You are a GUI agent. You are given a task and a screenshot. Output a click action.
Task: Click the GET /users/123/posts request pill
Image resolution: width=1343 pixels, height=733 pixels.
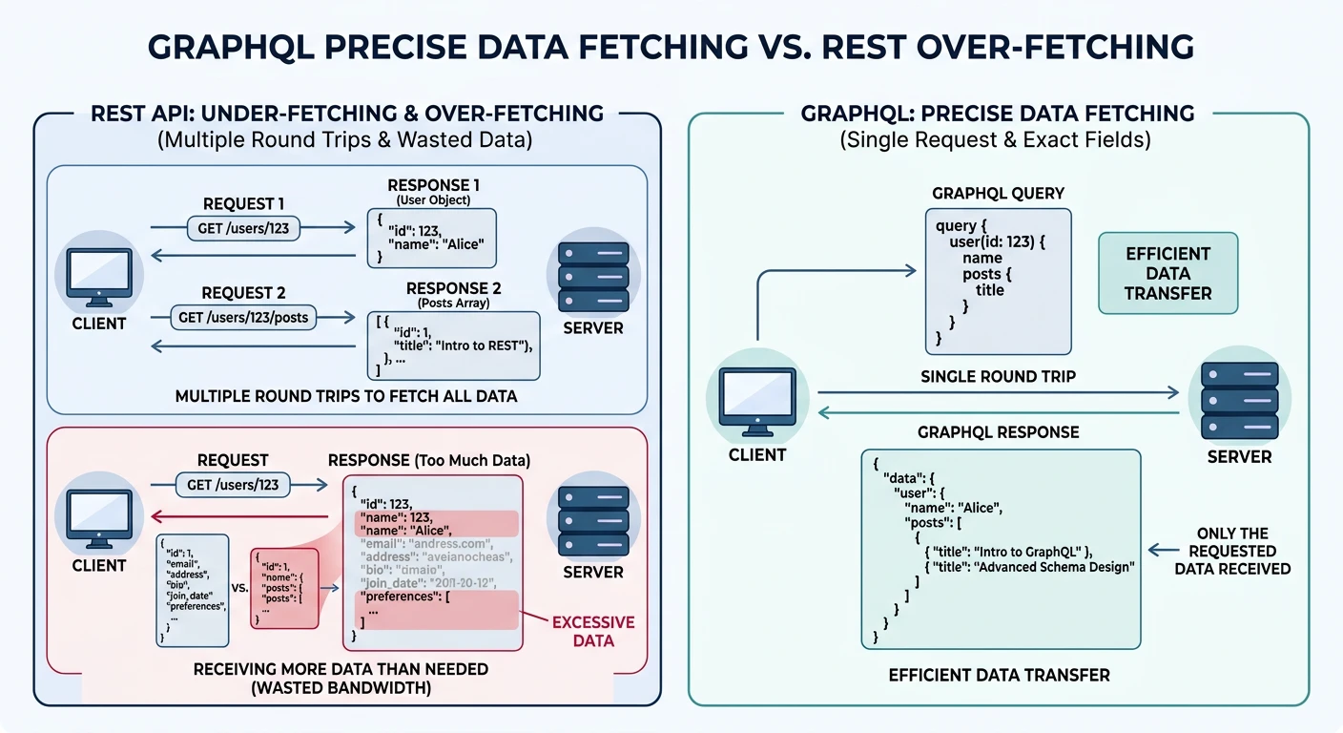pyautogui.click(x=243, y=317)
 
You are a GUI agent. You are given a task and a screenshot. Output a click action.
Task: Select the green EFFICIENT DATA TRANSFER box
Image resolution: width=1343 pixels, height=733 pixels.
pyautogui.click(x=1167, y=273)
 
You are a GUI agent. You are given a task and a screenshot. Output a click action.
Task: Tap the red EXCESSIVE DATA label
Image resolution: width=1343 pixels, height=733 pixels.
pyautogui.click(x=592, y=631)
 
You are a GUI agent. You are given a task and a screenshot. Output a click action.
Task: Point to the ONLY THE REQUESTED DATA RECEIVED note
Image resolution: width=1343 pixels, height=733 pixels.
pyautogui.click(x=1231, y=551)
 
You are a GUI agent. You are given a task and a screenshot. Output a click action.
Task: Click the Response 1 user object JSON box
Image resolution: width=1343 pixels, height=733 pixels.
pyautogui.click(x=431, y=238)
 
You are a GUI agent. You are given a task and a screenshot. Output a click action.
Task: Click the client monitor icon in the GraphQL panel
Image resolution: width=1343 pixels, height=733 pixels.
pyautogui.click(x=756, y=400)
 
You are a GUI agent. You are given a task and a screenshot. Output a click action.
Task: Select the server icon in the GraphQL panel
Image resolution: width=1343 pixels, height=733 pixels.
pyautogui.click(x=1238, y=399)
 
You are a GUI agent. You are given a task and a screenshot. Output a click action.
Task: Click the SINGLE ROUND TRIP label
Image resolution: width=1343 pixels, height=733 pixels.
pyautogui.click(x=998, y=376)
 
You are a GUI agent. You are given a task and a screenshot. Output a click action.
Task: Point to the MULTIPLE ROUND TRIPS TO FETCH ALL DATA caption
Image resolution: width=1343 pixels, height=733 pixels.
pyautogui.click(x=346, y=395)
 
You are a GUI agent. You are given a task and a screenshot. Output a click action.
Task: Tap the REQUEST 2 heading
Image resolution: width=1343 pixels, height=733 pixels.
pyautogui.click(x=243, y=293)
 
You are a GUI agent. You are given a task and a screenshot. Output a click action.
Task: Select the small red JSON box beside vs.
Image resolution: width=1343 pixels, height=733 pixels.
pyautogui.click(x=283, y=588)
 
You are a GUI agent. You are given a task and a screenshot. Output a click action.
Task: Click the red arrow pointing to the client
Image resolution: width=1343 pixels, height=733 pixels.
pyautogui.click(x=238, y=514)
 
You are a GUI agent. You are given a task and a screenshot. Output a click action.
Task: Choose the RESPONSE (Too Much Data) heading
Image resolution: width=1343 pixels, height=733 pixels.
pyautogui.click(x=428, y=460)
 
